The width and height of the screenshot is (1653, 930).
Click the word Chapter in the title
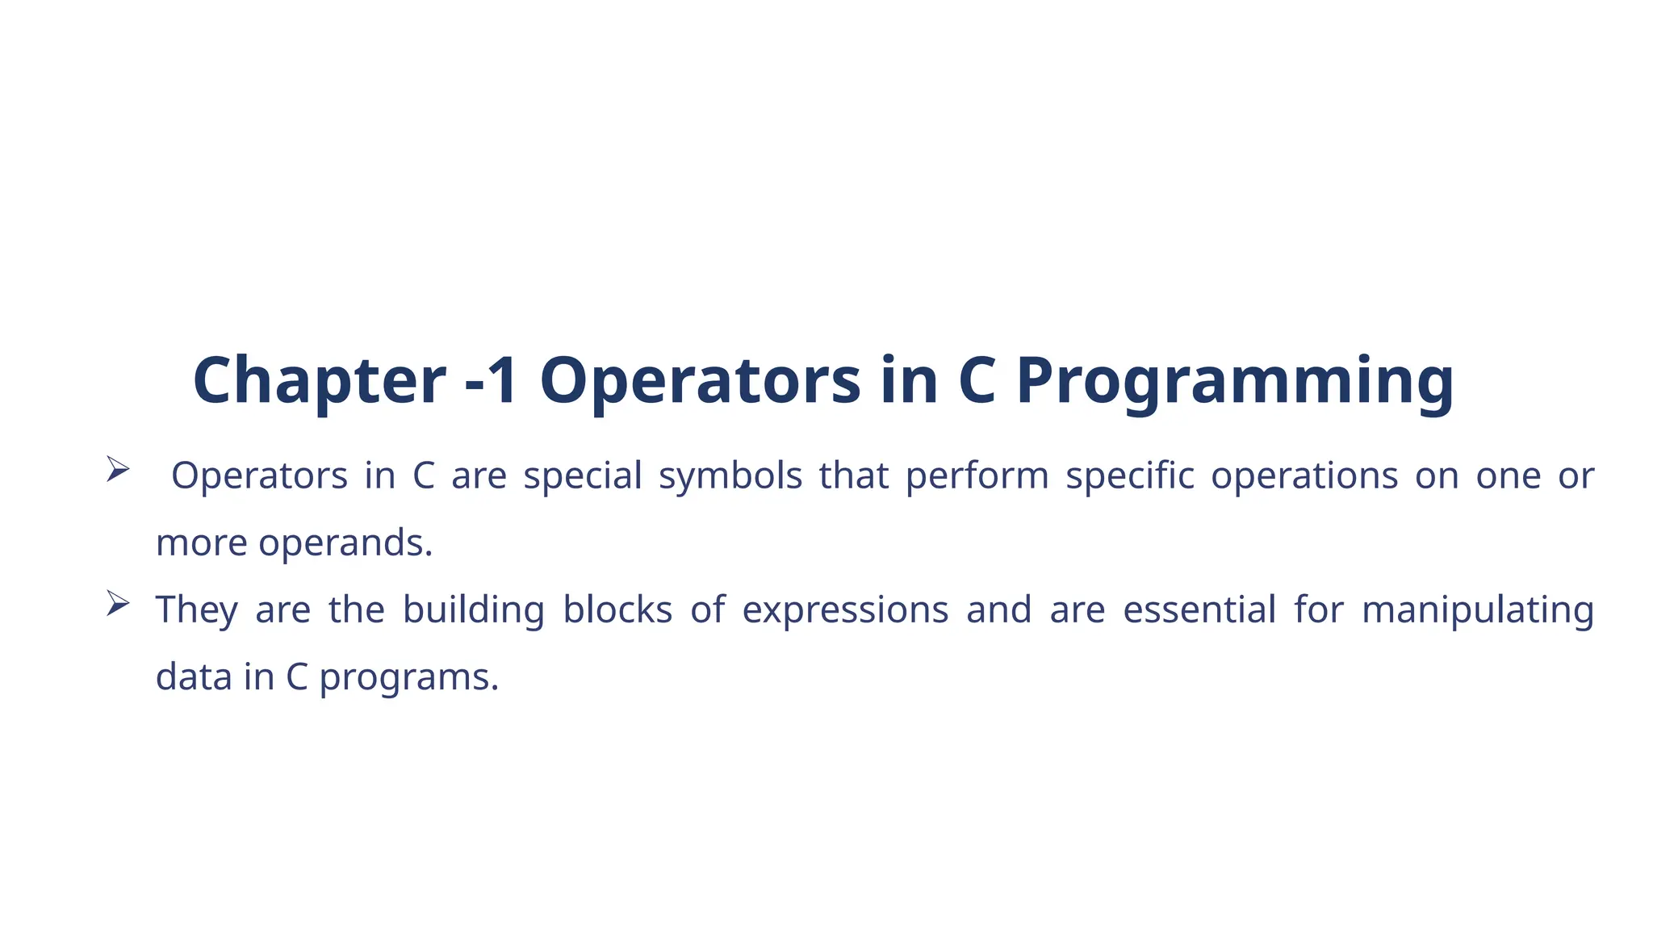pos(319,380)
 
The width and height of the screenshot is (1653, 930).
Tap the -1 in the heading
pos(492,380)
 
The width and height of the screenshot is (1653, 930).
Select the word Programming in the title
pos(1235,380)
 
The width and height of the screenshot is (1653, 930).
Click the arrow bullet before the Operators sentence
pos(118,469)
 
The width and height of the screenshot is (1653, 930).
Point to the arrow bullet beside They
pos(118,603)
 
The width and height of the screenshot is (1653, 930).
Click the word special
pos(582,475)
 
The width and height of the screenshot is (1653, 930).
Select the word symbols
pos(730,475)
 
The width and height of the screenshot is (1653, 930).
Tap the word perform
pos(977,475)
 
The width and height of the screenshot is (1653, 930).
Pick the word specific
pos(1130,475)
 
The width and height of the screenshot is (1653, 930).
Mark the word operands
pos(345,542)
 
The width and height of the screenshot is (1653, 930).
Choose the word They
pos(197,610)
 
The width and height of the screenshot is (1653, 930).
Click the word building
pos(474,610)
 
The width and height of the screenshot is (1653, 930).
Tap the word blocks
pos(617,610)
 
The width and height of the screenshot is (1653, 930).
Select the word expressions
pos(845,610)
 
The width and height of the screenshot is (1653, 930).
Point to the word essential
pos(1199,610)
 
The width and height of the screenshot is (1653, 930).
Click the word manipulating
pos(1478,610)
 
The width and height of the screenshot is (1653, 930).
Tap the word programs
pos(409,677)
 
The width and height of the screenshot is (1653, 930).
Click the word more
pos(202,542)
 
